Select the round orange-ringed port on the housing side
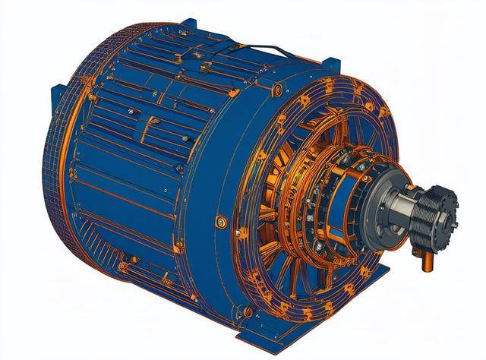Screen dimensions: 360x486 222,222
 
